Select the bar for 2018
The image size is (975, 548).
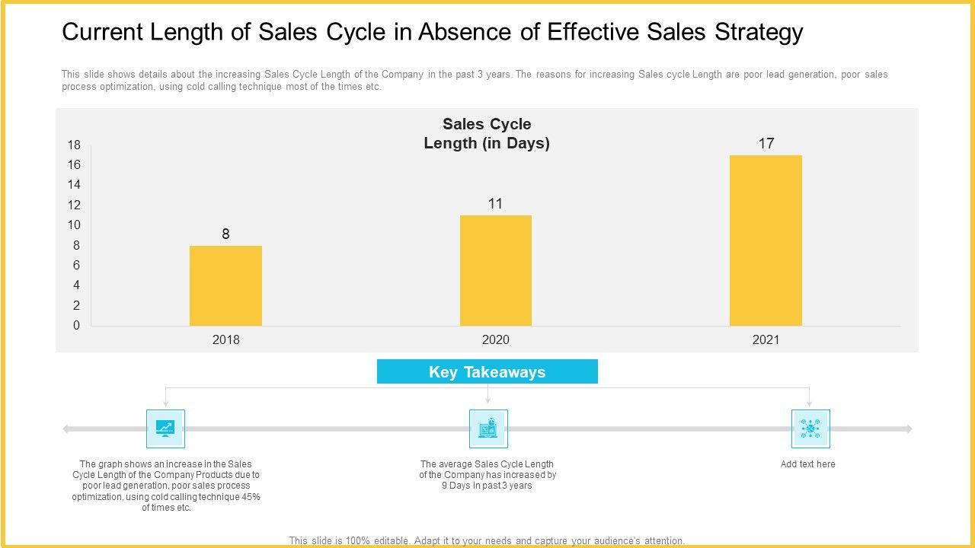225,285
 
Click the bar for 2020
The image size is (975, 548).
496,270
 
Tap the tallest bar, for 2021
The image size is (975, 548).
766,241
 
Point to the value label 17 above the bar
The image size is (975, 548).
766,143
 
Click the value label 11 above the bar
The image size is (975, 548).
496,203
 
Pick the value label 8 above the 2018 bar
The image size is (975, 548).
225,234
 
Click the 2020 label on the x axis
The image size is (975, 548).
496,340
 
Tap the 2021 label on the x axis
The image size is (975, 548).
766,340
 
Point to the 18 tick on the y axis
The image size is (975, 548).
74,145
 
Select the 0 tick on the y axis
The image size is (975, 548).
76,326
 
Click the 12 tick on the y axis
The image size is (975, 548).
74,205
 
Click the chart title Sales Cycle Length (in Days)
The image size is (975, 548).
487,133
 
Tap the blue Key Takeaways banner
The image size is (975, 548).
487,372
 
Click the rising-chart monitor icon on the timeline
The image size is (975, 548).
165,429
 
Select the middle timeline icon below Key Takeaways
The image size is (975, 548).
488,429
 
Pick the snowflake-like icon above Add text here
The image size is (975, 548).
810,429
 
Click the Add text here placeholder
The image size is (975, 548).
807,464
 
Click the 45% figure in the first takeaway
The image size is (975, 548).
251,497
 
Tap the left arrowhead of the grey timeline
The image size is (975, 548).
66,429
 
